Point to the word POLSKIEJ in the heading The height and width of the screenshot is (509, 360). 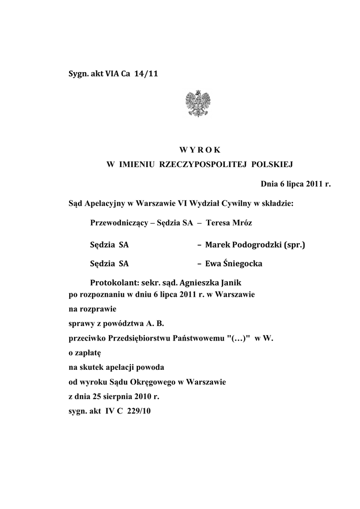273,164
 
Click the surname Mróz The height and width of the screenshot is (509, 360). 241,223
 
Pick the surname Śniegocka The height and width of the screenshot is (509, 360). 244,263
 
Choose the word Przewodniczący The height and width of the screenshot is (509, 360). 119,223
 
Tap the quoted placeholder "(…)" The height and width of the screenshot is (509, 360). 239,339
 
